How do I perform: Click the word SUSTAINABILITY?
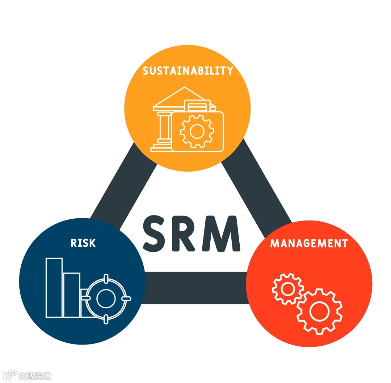[x=188, y=70]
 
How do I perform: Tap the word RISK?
[x=83, y=243]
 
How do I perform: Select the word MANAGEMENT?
[x=309, y=243]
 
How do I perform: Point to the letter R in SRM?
[x=188, y=233]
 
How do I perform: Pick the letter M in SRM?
[x=223, y=233]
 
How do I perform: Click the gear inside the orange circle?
[x=197, y=131]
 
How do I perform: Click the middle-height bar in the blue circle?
[x=72, y=295]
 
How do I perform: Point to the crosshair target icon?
[x=106, y=298]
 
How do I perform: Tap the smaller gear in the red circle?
[x=288, y=289]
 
